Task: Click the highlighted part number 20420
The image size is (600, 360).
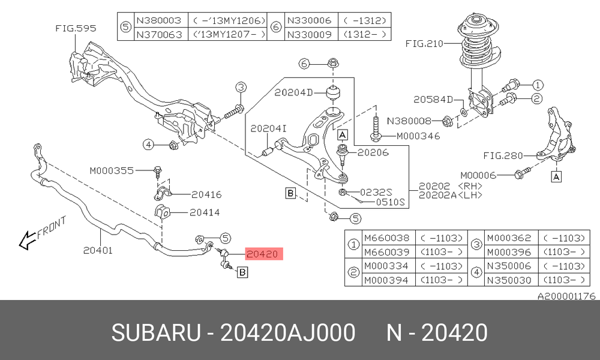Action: click(x=262, y=254)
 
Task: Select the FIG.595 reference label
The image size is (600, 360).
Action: click(x=76, y=28)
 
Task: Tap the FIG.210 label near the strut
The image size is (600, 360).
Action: click(x=424, y=44)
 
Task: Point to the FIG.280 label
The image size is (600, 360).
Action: click(x=503, y=156)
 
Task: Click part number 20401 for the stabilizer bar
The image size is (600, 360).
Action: click(x=98, y=251)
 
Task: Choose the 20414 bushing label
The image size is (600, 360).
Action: click(x=205, y=212)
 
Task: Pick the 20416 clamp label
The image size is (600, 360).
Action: click(x=206, y=195)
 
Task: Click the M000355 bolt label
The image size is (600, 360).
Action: click(x=112, y=170)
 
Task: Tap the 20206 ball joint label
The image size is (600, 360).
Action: click(x=373, y=152)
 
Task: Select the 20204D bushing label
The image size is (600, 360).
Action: click(x=293, y=92)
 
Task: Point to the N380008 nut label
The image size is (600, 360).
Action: click(x=409, y=121)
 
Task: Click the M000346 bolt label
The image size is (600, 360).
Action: click(x=418, y=136)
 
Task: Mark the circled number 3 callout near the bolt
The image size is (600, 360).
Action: click(x=241, y=87)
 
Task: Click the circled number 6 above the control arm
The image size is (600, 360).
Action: click(x=304, y=64)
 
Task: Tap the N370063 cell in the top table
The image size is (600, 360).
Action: click(x=159, y=34)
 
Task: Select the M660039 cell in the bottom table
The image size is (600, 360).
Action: click(x=387, y=252)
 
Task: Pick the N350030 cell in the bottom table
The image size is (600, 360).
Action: click(x=509, y=280)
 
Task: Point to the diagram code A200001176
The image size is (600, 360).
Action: click(x=567, y=296)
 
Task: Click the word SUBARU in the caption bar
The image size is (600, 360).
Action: click(x=156, y=332)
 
